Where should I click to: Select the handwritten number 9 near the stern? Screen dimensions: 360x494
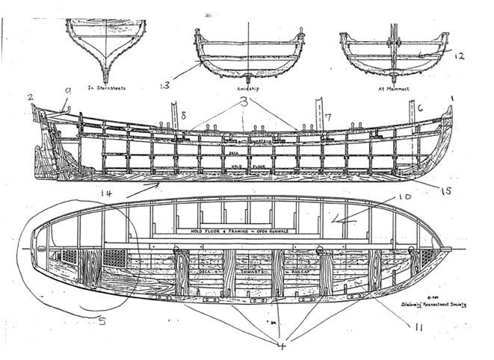pos(67,93)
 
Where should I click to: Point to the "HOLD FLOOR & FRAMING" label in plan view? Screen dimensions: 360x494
pos(247,232)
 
